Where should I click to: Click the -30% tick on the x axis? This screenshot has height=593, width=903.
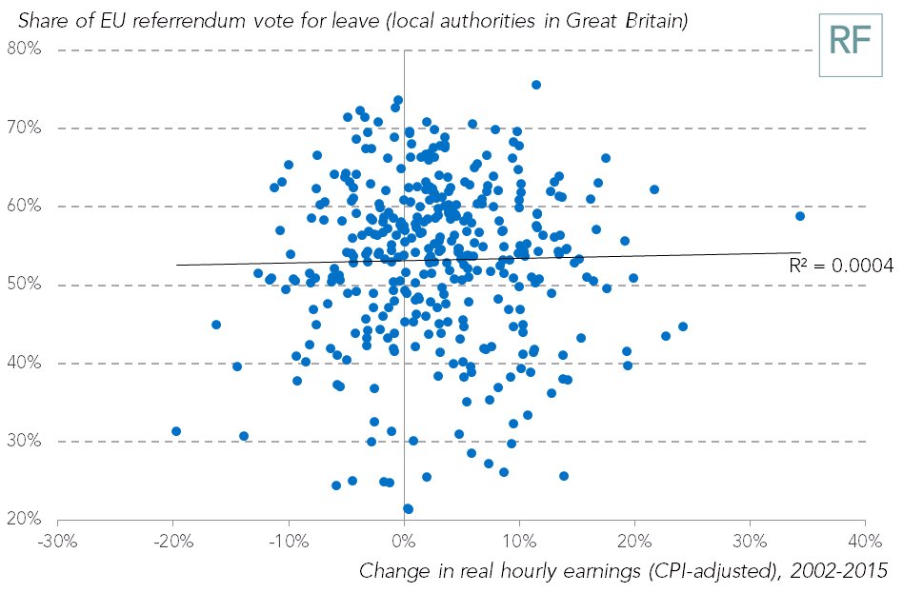point(57,540)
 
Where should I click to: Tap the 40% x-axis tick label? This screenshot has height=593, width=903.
point(864,540)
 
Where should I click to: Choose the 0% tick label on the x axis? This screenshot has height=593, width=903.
point(404,540)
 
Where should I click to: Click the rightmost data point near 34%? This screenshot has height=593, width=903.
point(800,216)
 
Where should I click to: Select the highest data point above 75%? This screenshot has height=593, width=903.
point(536,85)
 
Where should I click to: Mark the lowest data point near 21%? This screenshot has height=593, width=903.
point(409,508)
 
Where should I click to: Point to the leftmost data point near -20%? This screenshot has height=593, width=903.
point(175,431)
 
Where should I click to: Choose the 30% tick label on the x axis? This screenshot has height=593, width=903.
point(750,540)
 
